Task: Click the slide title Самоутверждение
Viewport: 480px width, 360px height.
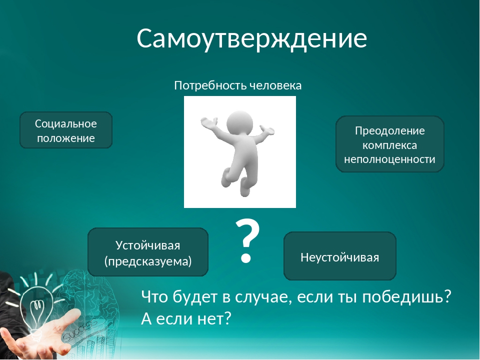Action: click(251, 38)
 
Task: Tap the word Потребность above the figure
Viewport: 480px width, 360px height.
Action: click(211, 85)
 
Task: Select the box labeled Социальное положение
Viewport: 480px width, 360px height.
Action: click(66, 130)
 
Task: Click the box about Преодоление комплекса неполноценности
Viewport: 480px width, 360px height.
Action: click(389, 144)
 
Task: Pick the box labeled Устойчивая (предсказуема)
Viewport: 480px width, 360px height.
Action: click(148, 252)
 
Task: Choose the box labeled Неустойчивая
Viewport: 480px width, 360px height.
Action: click(340, 256)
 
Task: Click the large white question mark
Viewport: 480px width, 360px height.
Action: click(247, 241)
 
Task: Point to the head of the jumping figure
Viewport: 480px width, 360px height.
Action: click(239, 122)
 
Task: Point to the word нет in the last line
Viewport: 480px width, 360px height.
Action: click(214, 319)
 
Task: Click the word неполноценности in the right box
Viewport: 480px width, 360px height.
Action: click(389, 159)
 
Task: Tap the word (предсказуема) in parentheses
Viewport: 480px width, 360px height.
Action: click(148, 261)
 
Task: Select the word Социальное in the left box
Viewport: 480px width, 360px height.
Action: click(66, 124)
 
